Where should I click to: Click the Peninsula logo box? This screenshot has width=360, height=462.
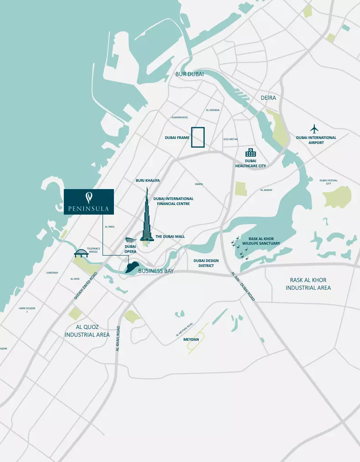(89, 201)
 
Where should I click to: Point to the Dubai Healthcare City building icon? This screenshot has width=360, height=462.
(251, 152)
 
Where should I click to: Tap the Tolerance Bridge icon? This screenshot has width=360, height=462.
(81, 253)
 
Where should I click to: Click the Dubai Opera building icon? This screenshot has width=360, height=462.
(130, 240)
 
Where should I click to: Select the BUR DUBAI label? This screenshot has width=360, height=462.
(189, 74)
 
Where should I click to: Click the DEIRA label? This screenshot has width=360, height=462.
(268, 98)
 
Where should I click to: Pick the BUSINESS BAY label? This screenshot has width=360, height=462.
(156, 271)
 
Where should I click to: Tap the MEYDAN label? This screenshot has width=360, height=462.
(191, 340)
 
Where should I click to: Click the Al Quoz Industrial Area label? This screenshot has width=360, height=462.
(87, 331)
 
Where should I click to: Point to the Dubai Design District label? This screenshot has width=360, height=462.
(206, 263)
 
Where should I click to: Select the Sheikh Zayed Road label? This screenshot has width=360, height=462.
(86, 286)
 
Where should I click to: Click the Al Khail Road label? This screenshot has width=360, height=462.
(118, 338)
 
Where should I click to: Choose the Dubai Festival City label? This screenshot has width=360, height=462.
(328, 182)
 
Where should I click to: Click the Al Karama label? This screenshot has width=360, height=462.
(213, 110)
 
